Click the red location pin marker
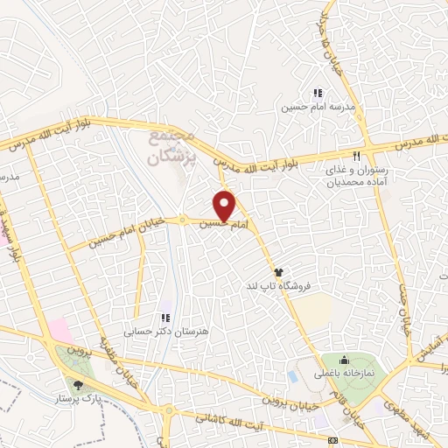(x=226, y=206)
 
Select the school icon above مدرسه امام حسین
(x=318, y=92)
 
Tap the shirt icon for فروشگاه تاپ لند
(x=278, y=271)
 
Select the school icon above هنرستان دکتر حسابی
(x=163, y=318)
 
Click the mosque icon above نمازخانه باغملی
(x=345, y=359)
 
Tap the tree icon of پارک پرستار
(x=79, y=382)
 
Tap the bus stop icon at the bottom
(x=332, y=439)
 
